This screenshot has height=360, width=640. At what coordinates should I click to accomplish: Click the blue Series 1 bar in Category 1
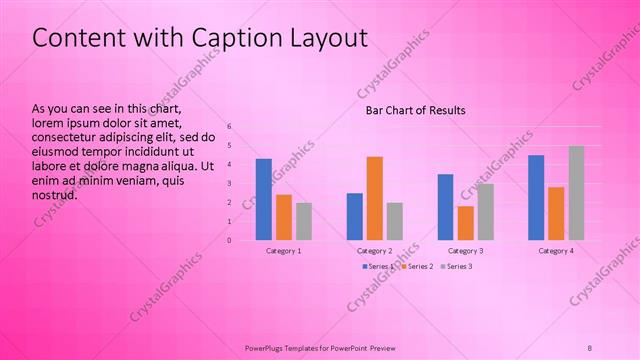[263, 199]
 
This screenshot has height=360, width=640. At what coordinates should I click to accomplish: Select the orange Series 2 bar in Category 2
[375, 198]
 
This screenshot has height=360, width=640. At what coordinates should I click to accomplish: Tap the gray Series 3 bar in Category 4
[576, 193]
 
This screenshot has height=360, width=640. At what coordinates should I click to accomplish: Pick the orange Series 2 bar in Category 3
[465, 222]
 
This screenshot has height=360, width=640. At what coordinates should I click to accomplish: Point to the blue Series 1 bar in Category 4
[536, 197]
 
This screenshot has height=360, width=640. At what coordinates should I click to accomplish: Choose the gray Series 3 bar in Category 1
[304, 221]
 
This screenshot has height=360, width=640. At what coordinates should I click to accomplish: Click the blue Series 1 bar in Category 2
[355, 216]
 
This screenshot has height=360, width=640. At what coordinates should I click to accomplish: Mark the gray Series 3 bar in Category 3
[485, 211]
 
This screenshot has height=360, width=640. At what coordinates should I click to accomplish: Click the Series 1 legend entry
[376, 266]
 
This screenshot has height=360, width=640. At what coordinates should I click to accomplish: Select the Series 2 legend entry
[417, 266]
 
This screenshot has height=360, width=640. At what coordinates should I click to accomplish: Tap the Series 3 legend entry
[456, 266]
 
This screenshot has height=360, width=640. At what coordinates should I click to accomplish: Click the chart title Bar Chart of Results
[415, 110]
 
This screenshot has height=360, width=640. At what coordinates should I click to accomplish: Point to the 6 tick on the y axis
[229, 127]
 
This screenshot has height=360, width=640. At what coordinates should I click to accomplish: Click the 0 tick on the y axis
[229, 240]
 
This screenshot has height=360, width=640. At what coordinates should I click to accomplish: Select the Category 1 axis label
[284, 251]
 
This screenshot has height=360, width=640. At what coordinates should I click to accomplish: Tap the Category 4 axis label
[556, 251]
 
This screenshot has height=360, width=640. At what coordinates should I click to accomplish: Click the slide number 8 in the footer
[589, 346]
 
